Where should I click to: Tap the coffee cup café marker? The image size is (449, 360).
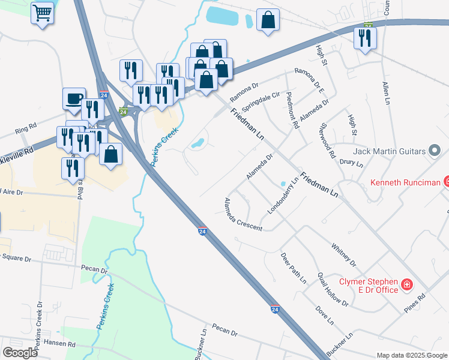pos(74,98)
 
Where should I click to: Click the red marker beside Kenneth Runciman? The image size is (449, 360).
pos(446,181)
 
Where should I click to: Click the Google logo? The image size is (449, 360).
pos(20,352)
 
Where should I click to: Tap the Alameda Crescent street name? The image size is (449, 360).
pos(243,215)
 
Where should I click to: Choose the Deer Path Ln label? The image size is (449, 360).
pos(294,268)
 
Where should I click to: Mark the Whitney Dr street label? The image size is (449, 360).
pos(343,255)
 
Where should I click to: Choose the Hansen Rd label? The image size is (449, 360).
pos(63,345)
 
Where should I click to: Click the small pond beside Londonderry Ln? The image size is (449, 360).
pos(283,184)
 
